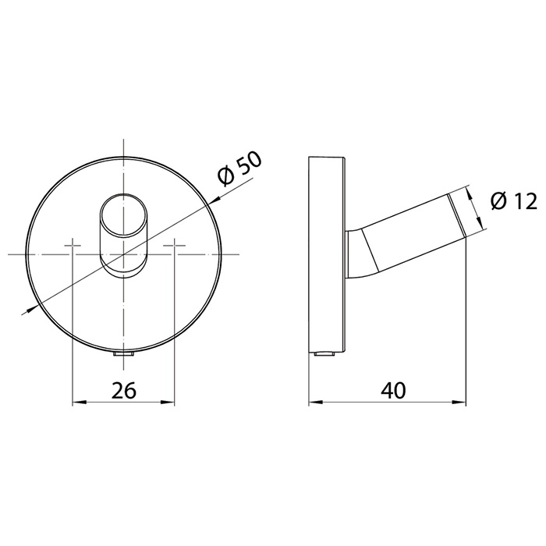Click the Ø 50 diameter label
[239, 168]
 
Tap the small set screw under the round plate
[123, 355]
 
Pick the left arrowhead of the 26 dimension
[77, 403]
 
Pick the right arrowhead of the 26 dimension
[170, 403]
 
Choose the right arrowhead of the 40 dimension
[461, 403]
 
